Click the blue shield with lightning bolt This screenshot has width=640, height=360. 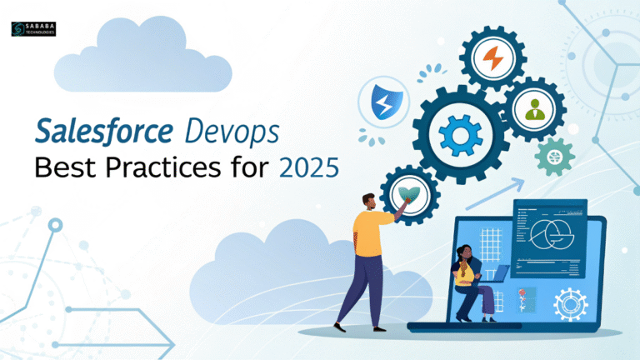tap(382, 104)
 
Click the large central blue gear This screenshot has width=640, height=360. tap(459, 134)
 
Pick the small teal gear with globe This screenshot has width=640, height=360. tap(553, 156)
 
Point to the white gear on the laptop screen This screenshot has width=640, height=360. tap(571, 303)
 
